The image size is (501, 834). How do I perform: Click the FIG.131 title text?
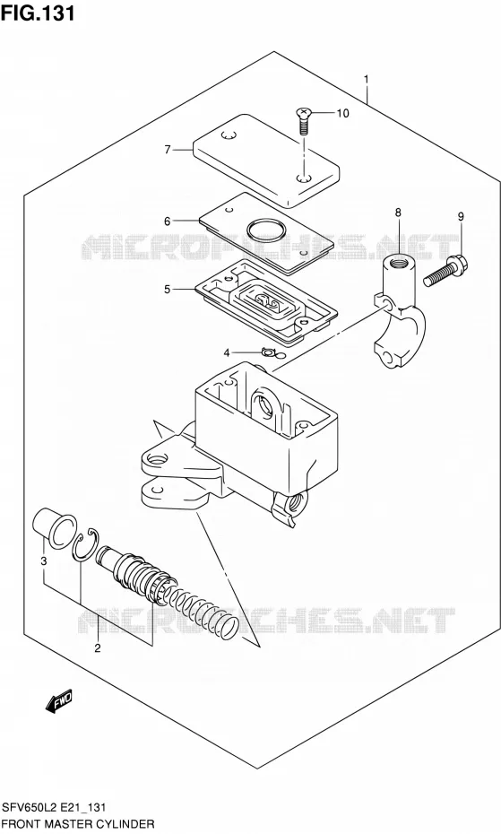(38, 13)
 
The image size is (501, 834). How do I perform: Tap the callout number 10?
(342, 113)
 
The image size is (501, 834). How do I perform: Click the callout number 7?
(168, 150)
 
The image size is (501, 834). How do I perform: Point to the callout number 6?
(167, 222)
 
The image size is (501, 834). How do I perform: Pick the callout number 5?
(167, 290)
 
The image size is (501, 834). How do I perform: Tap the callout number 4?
(226, 352)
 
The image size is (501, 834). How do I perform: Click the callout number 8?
(398, 213)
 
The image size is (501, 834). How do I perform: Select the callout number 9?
(461, 216)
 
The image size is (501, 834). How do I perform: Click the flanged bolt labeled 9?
(445, 270)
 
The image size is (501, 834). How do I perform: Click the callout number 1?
(366, 80)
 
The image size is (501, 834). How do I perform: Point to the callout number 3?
(44, 560)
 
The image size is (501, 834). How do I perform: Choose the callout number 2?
(98, 647)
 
